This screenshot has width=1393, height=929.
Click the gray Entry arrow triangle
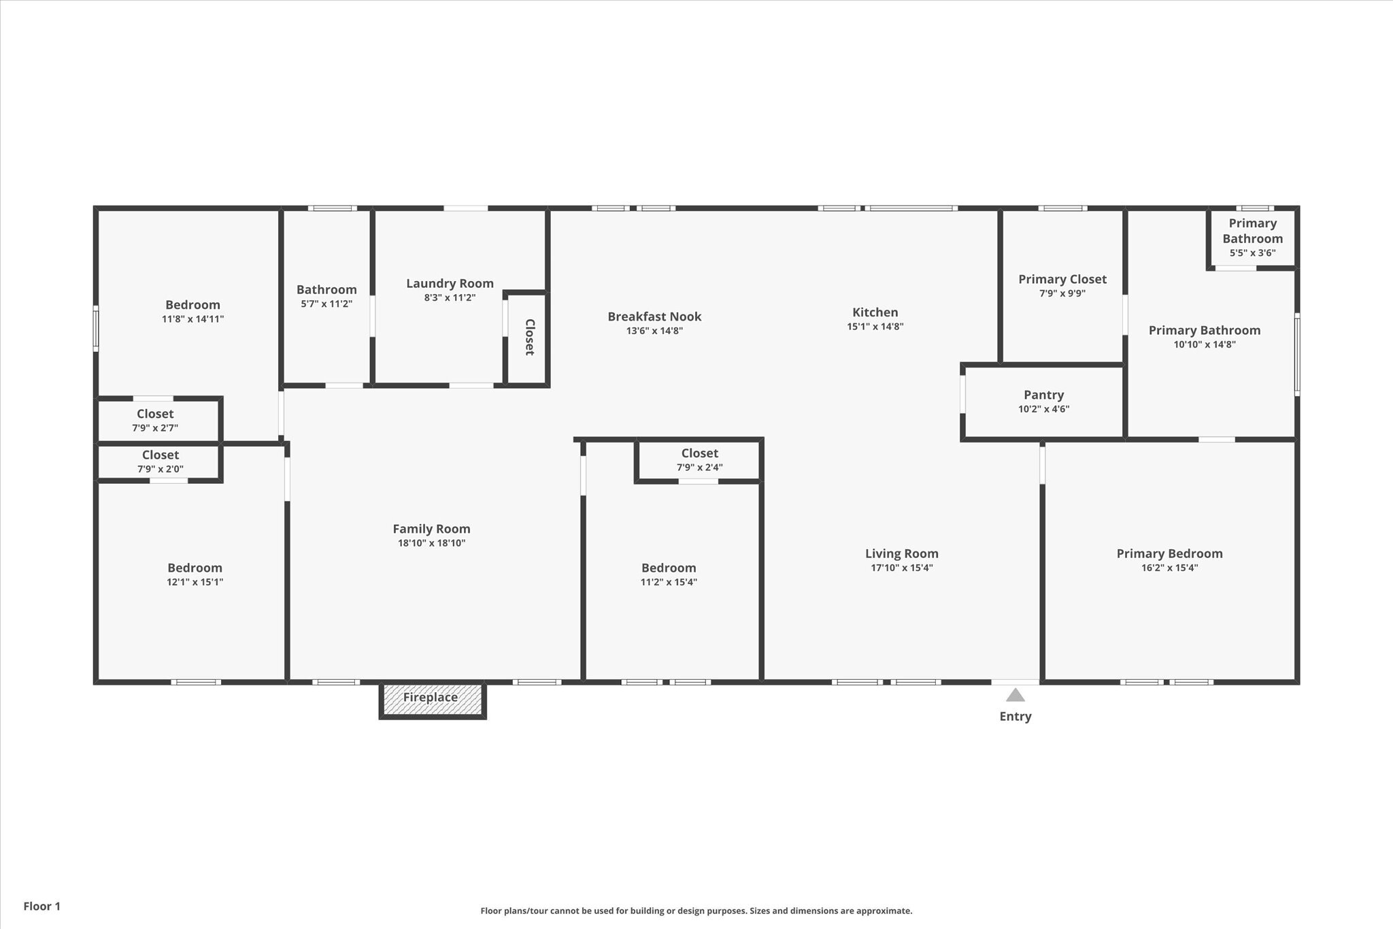[x=1015, y=695]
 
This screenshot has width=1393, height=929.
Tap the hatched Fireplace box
[x=433, y=700]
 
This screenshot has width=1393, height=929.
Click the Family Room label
[x=431, y=529]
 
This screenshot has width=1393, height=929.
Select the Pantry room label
[x=1043, y=395]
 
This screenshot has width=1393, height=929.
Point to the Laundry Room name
[x=450, y=284]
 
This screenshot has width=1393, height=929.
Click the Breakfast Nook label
[x=654, y=316]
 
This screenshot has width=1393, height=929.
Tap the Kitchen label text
[x=875, y=312]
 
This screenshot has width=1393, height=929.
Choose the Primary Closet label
[x=1062, y=279]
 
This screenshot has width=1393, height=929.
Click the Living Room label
[x=902, y=554]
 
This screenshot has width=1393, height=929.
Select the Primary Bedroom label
[x=1169, y=554]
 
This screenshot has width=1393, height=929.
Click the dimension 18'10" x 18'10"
[x=431, y=543]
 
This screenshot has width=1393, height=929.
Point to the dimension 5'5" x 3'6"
[x=1252, y=253]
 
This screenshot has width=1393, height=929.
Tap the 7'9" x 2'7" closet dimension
[x=155, y=428]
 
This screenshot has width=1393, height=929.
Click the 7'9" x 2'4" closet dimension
[x=699, y=468]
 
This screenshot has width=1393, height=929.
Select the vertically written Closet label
[x=529, y=337]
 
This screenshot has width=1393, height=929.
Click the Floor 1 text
[x=42, y=907]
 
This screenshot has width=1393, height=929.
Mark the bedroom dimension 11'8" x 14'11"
[x=192, y=319]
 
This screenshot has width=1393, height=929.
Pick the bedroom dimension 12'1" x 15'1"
[x=195, y=582]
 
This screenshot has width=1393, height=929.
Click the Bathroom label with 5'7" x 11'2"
[x=326, y=290]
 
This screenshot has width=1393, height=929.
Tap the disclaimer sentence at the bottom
[x=696, y=911]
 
